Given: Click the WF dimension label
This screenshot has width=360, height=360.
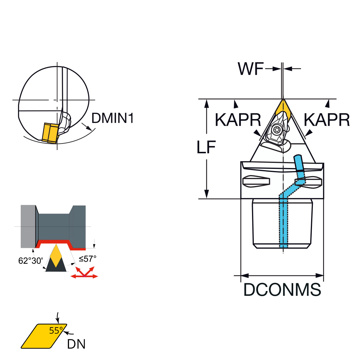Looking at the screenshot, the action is (x=250, y=69).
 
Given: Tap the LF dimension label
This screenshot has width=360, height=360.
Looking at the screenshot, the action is (x=206, y=147).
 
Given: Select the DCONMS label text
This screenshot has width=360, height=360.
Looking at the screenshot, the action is (x=282, y=289).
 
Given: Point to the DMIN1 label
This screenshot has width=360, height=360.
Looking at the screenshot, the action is (x=112, y=118).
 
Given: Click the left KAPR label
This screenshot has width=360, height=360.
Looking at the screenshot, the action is (x=238, y=120).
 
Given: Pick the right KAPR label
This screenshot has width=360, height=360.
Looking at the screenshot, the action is (x=327, y=120).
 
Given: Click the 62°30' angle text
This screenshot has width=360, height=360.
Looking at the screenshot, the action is (x=31, y=261).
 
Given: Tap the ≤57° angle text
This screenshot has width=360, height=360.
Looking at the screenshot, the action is (x=87, y=259).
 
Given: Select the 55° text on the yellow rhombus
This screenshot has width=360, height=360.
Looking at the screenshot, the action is (x=56, y=331).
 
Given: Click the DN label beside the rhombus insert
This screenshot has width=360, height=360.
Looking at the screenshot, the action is (x=76, y=344).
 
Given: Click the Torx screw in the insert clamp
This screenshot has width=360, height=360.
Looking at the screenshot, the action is (x=276, y=129).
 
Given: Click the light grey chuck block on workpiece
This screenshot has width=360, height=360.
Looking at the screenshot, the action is (x=28, y=226).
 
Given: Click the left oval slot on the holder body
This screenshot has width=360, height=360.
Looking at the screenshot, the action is (x=256, y=181).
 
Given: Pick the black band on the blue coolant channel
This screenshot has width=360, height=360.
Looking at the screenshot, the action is (x=300, y=171).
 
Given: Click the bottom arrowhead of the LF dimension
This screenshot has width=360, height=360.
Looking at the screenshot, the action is (x=206, y=194).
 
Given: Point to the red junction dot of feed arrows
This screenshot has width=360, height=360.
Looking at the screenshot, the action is (x=84, y=276).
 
